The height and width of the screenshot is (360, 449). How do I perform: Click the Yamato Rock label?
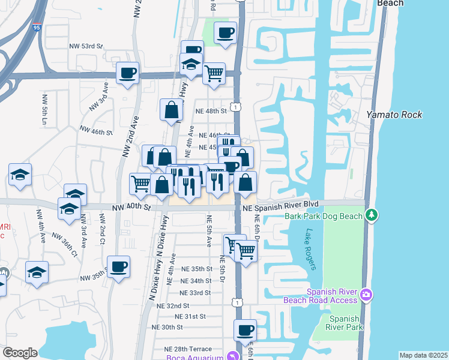(x=394, y=115)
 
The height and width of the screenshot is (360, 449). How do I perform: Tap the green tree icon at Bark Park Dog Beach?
(x=372, y=214)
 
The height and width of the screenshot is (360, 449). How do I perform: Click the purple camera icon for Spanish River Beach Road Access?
(x=366, y=295)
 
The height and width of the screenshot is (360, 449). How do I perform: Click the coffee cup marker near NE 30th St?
(x=245, y=330)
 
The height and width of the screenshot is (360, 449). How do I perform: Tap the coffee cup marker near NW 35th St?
(x=118, y=267)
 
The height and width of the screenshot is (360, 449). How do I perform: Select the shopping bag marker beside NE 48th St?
(x=172, y=110)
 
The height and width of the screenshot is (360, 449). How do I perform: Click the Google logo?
(x=20, y=353)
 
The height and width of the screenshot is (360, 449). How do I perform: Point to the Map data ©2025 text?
(x=423, y=355)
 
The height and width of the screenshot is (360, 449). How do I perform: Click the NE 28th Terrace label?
(x=188, y=349)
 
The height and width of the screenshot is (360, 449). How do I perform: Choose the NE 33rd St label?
(x=196, y=293)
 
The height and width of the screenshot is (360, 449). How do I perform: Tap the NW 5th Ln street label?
(x=44, y=108)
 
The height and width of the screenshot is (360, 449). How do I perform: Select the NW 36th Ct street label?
(x=65, y=245)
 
